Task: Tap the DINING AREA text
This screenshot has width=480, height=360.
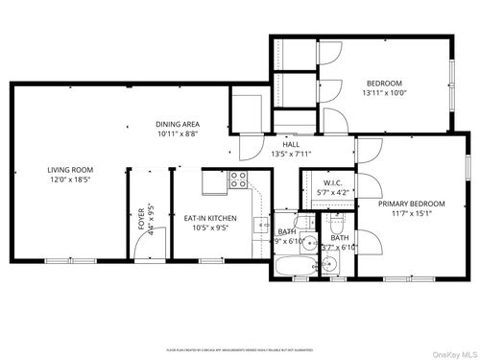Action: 178,124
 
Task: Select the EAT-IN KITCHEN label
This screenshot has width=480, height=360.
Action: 210,218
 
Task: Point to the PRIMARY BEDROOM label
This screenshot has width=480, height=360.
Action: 411,204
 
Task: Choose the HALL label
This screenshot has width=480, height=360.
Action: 290,144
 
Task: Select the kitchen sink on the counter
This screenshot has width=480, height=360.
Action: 260,225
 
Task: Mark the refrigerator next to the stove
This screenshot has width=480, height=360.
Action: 212,180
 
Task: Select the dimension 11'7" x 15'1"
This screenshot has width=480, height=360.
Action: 411,214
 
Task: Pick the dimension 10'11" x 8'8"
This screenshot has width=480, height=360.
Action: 178,134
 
